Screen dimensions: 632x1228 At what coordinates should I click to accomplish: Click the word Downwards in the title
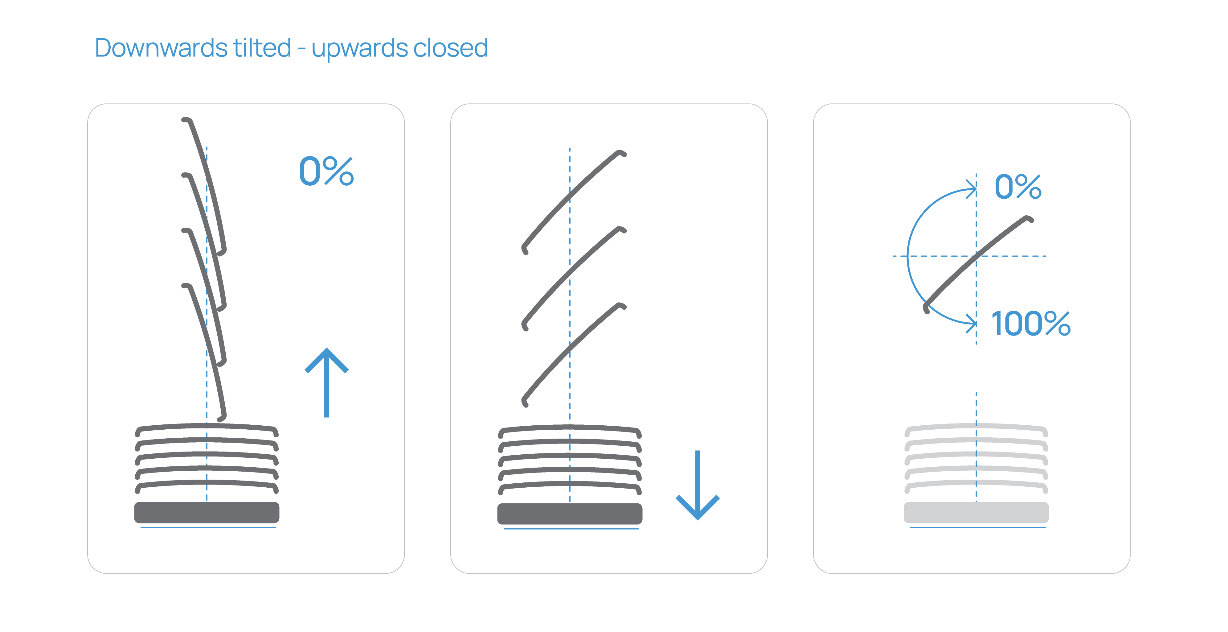tap(161, 48)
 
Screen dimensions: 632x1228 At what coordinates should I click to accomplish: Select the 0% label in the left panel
tap(326, 171)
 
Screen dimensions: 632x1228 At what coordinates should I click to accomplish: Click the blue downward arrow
tap(698, 485)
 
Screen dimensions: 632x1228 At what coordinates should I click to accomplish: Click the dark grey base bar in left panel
tap(207, 512)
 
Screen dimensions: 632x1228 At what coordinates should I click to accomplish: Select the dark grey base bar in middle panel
tap(570, 513)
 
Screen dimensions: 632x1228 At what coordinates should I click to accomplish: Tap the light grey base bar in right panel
tap(976, 512)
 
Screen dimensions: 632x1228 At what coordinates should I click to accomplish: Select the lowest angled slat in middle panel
tap(572, 353)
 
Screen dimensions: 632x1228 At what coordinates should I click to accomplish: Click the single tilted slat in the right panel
tap(977, 262)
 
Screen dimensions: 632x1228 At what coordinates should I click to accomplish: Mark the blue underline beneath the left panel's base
tap(208, 527)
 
